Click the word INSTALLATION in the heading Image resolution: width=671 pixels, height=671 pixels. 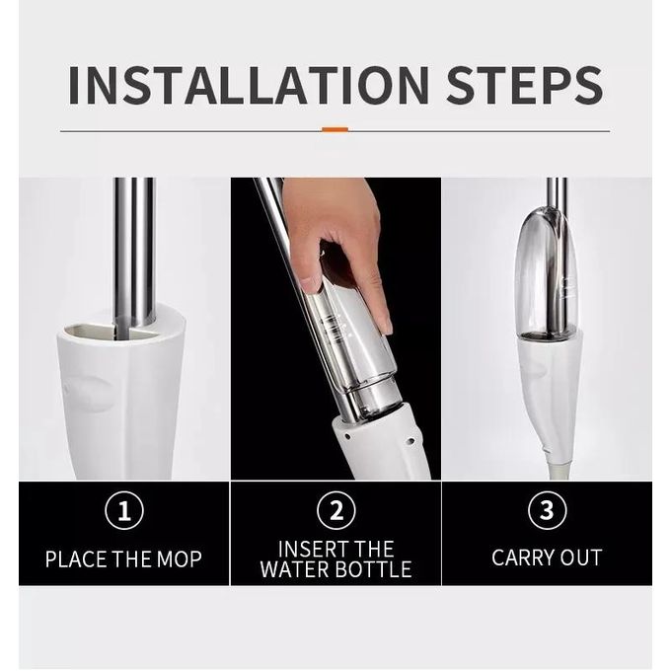pos(249,85)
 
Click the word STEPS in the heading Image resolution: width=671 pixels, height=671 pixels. pos(525,85)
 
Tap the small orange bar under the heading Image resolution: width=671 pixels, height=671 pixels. pos(335,129)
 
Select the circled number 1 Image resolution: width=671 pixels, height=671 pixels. pos(124,511)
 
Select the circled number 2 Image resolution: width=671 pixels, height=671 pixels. pos(336,510)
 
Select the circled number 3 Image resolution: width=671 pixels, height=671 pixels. pos(548,510)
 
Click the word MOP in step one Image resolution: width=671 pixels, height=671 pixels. pos(179,559)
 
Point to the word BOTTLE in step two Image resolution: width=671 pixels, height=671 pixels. pos(373,569)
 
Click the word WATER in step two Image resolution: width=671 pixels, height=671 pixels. pos(295,569)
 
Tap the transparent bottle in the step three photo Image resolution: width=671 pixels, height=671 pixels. pos(547,274)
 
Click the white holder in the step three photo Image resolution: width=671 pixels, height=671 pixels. pos(550,394)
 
